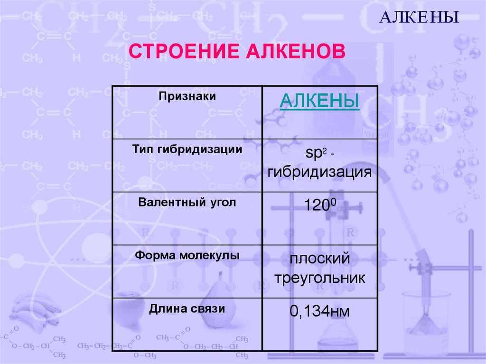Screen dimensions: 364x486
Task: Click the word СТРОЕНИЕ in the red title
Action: pyautogui.click(x=183, y=51)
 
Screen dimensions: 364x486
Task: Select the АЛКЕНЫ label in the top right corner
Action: pyautogui.click(x=419, y=18)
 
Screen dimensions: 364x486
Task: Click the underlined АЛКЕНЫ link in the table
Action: pyautogui.click(x=319, y=102)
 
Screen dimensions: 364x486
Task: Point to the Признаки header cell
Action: pyautogui.click(x=187, y=97)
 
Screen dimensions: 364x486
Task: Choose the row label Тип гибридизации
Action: pyautogui.click(x=187, y=149)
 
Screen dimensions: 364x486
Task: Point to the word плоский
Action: pyautogui.click(x=320, y=260)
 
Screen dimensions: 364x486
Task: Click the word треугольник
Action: pyautogui.click(x=320, y=278)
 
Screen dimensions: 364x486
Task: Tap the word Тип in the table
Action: pyautogui.click(x=142, y=149)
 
